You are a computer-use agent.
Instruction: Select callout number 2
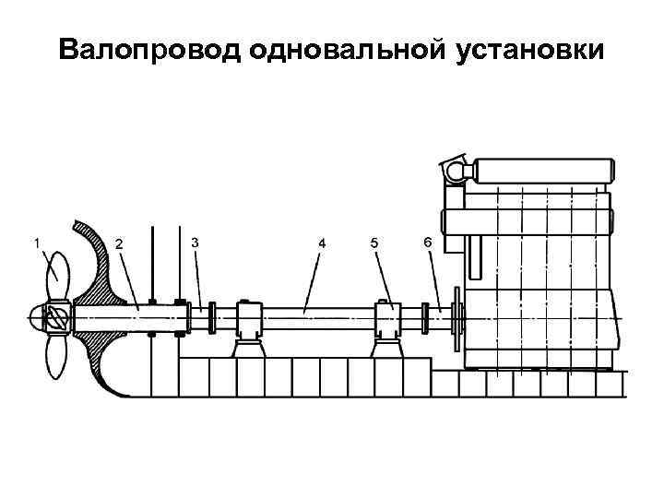(117, 243)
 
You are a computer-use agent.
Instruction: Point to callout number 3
(194, 242)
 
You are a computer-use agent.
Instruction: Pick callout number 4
(322, 243)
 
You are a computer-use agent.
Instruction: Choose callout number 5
(373, 243)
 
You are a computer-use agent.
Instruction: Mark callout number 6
(426, 242)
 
